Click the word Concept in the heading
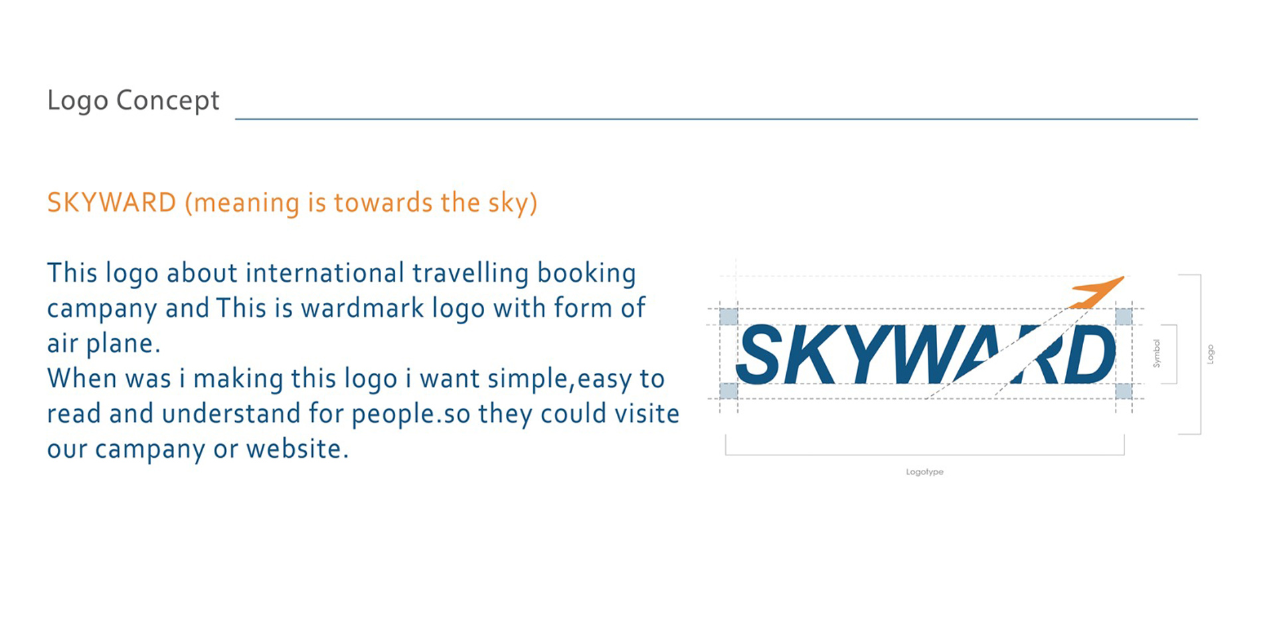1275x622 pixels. [167, 101]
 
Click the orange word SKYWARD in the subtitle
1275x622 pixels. [112, 203]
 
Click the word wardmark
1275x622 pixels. [363, 308]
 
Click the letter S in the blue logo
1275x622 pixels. [759, 355]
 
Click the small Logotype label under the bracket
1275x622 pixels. [924, 472]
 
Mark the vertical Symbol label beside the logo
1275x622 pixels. [1156, 354]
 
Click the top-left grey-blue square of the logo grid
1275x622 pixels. [728, 316]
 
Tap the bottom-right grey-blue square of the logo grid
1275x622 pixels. [1124, 391]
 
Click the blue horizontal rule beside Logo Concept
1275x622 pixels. [717, 119]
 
